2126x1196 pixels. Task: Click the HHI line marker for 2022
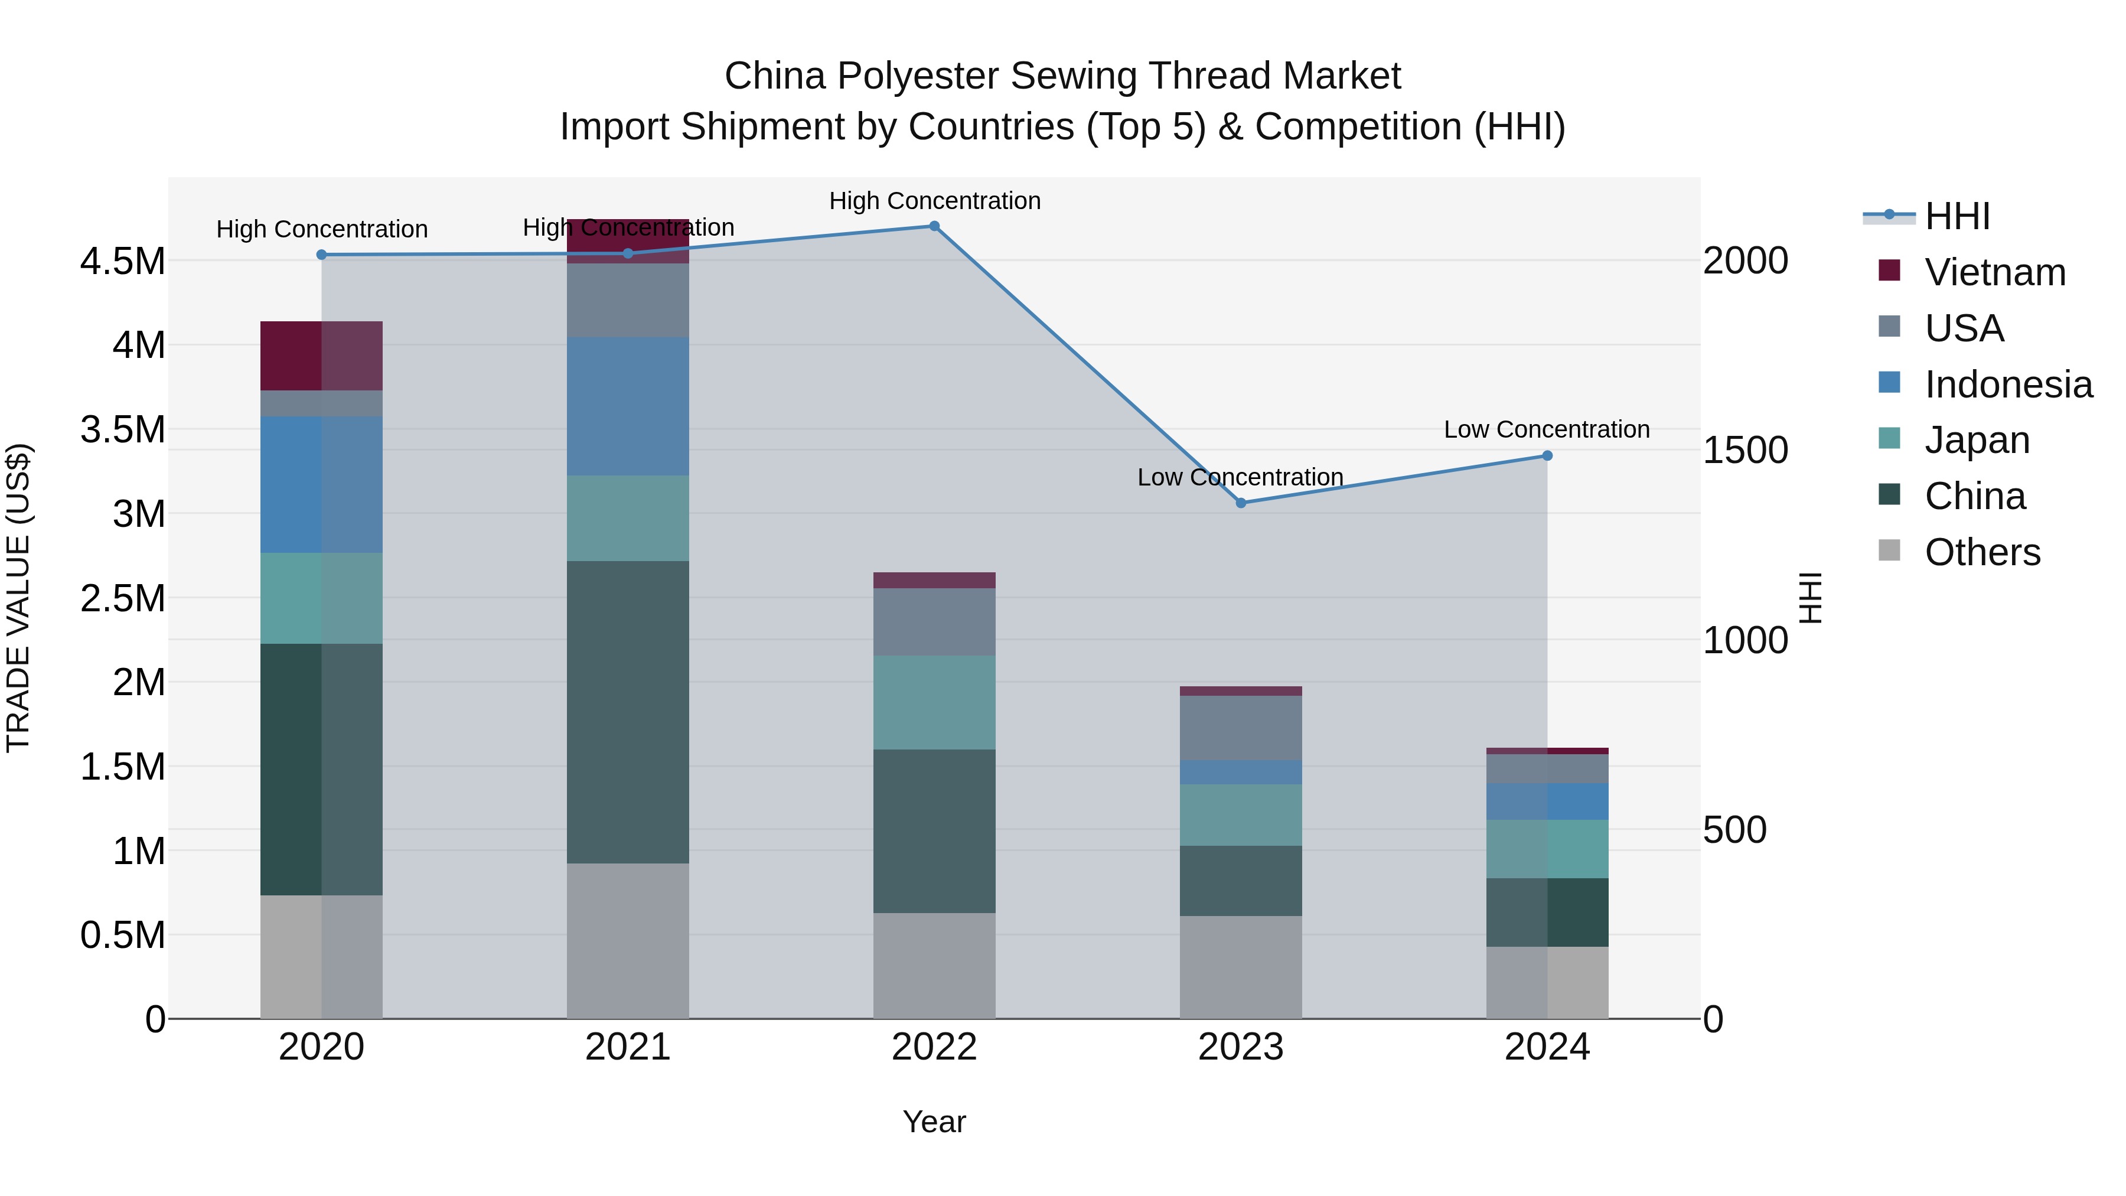pos(934,226)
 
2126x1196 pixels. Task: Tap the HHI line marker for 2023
pos(1240,503)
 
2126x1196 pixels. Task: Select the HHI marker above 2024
pos(1547,455)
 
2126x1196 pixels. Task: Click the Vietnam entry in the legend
pos(1995,272)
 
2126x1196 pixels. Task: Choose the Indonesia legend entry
pos(2008,384)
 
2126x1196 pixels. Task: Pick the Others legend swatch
pos(1889,550)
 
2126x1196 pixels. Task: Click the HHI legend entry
pos(1957,216)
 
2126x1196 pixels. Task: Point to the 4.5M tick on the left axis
pos(122,262)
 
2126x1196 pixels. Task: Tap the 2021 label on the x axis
pos(627,1047)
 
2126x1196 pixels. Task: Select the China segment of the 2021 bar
pos(627,712)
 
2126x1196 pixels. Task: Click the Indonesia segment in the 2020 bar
pos(321,484)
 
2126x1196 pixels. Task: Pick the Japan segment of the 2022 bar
pos(934,702)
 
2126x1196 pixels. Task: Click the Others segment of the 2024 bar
pos(1547,982)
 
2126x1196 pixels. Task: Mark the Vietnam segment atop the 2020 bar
pos(321,356)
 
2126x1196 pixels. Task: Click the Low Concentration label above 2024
pos(1547,429)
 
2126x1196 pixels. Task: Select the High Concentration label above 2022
pos(934,201)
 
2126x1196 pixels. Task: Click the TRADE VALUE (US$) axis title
pos(18,598)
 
